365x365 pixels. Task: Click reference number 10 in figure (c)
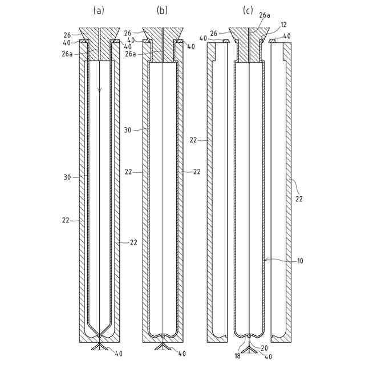tap(300, 261)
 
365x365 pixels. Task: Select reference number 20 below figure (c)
tap(264, 348)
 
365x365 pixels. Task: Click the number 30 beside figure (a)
tap(67, 177)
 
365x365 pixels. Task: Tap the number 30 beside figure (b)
tap(128, 130)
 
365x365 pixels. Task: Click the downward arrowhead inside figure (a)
tap(100, 90)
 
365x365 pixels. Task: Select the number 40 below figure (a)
tap(118, 354)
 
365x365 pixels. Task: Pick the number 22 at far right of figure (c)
tap(299, 199)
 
